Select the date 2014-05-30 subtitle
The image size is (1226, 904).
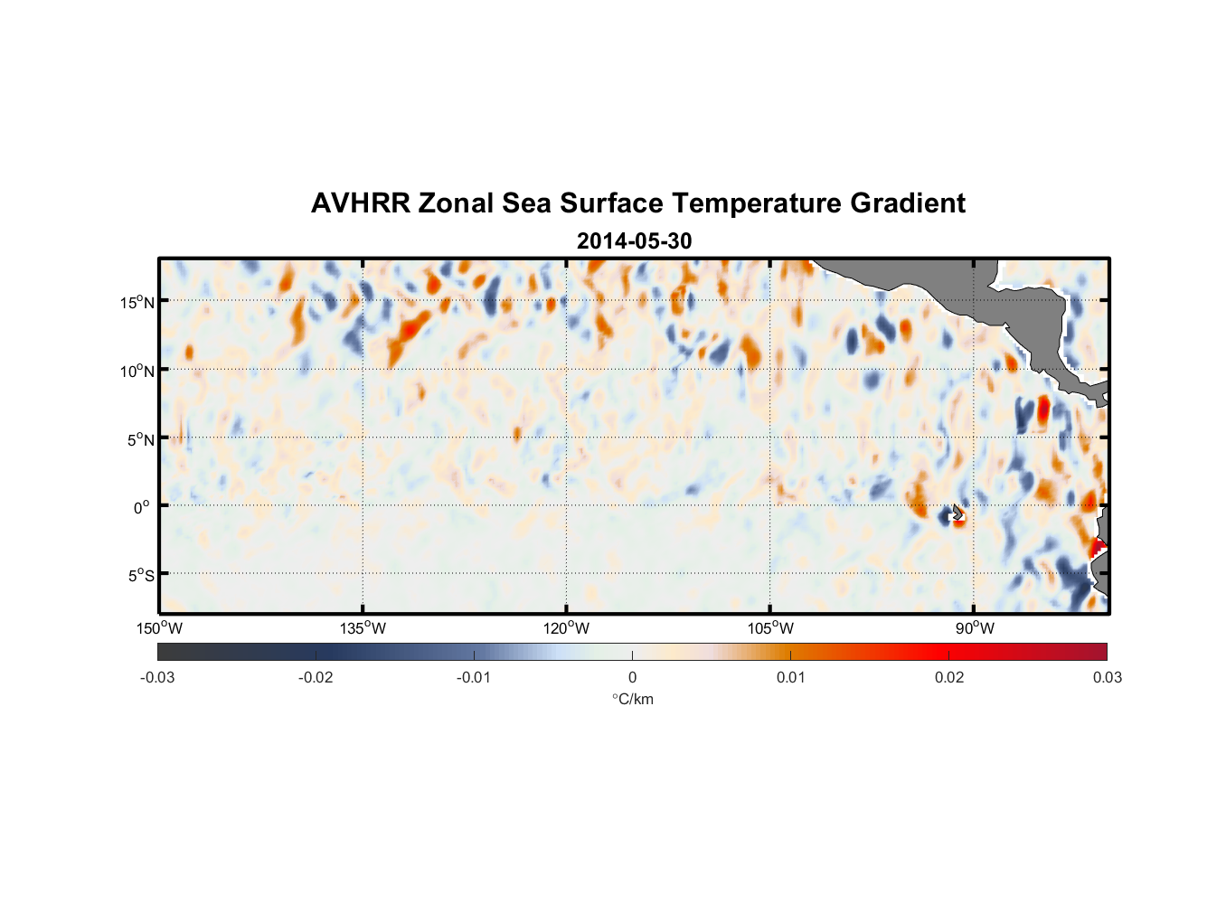click(634, 241)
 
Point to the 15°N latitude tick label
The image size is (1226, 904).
click(137, 302)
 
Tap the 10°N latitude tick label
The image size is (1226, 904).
click(137, 371)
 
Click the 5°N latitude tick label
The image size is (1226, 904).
click(140, 439)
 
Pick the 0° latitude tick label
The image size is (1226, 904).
click(142, 507)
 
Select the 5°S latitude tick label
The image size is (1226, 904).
click(140, 576)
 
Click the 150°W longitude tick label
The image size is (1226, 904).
click(160, 628)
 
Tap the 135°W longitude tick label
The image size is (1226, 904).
click(363, 628)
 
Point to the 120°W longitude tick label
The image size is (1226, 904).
click(567, 628)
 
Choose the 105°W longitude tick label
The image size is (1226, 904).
click(770, 628)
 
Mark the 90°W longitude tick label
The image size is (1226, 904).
click(975, 628)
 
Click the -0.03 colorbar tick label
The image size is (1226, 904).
click(157, 678)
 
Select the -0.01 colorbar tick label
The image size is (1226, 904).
click(474, 678)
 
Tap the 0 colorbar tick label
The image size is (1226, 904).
click(632, 678)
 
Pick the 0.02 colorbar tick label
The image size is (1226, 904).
click(949, 678)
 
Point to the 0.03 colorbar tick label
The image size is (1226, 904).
click(1107, 678)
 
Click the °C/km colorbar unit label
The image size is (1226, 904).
click(632, 699)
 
